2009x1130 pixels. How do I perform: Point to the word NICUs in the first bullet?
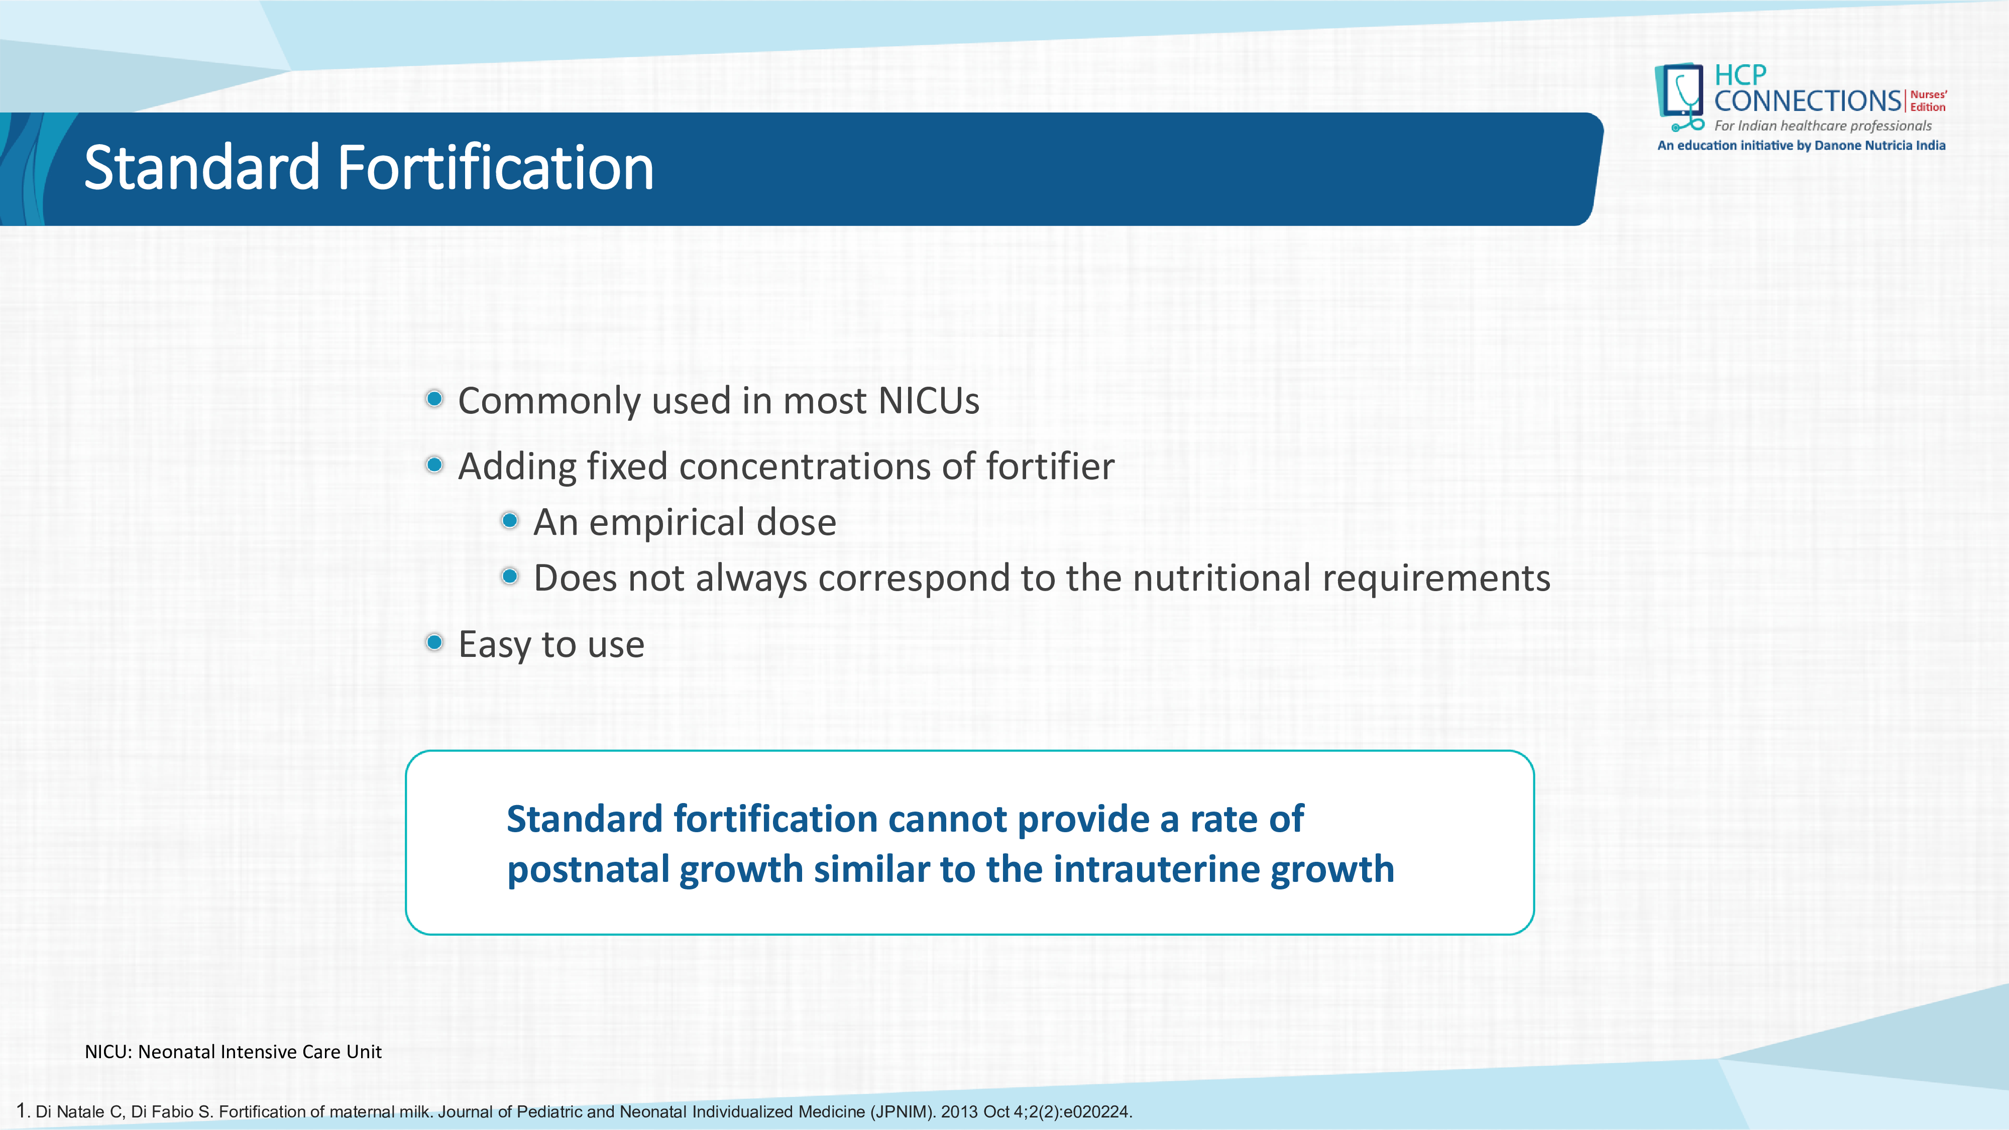[x=928, y=401]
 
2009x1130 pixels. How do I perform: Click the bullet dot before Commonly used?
[x=435, y=399]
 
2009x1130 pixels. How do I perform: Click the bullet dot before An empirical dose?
[x=510, y=520]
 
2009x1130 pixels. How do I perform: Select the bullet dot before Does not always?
[x=510, y=577]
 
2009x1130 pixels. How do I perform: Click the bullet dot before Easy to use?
[x=435, y=643]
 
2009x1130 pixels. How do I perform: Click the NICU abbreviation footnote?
[x=233, y=1052]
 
